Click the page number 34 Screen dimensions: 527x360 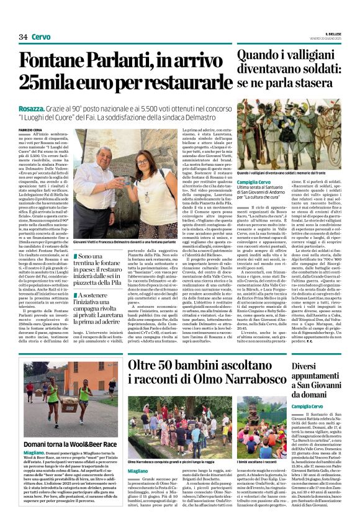[x=22, y=37]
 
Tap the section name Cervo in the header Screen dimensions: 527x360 [x=41, y=37]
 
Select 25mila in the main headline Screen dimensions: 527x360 [x=48, y=83]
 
